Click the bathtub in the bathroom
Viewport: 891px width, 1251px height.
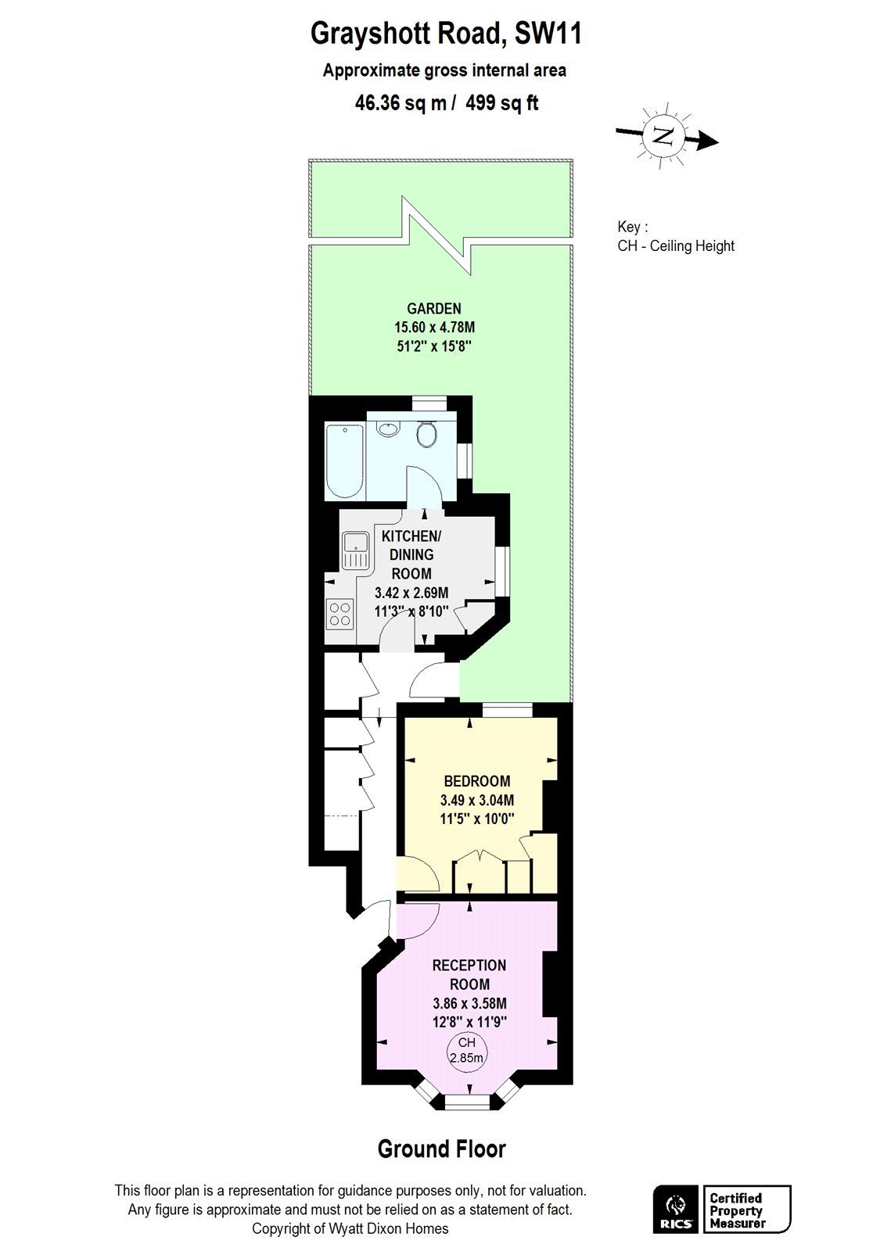344,461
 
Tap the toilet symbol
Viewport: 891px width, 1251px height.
426,434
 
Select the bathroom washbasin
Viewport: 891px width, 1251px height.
388,428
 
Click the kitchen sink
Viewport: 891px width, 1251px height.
356,550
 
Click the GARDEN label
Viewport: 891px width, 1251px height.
433,309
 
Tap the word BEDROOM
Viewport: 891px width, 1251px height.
476,781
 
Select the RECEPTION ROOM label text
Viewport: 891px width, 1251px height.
469,975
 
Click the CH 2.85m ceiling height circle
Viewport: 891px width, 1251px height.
466,1050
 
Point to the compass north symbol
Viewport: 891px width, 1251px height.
663,136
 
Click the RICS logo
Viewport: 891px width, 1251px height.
675,1210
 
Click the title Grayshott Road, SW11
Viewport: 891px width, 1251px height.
445,34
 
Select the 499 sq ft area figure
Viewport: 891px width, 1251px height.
501,103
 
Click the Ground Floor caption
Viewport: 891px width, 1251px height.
441,1149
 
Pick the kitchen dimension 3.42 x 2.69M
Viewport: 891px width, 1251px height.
411,593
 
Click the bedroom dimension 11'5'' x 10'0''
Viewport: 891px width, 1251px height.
476,819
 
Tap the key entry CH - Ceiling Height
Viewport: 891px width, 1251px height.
676,246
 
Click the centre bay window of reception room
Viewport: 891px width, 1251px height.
467,1102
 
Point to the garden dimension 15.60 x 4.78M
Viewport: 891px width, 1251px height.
433,328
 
